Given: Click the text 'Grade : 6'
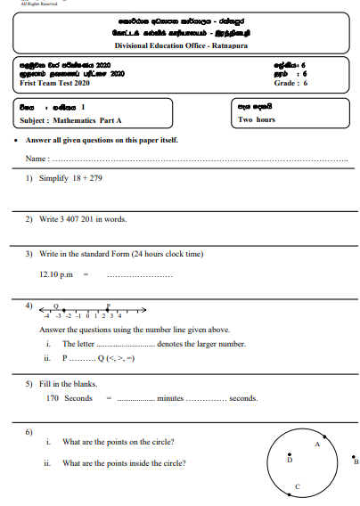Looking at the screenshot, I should click(290, 83).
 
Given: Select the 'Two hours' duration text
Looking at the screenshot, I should click(258, 119).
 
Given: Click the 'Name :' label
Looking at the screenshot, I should click(37, 158).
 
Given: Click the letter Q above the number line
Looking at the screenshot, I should click(56, 303).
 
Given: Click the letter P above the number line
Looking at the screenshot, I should click(108, 303).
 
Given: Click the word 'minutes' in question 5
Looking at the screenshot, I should click(169, 398).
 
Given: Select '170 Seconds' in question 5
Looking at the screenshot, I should click(69, 398).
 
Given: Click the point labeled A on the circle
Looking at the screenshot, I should click(323, 438).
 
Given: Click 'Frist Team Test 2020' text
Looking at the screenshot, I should click(53, 83).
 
